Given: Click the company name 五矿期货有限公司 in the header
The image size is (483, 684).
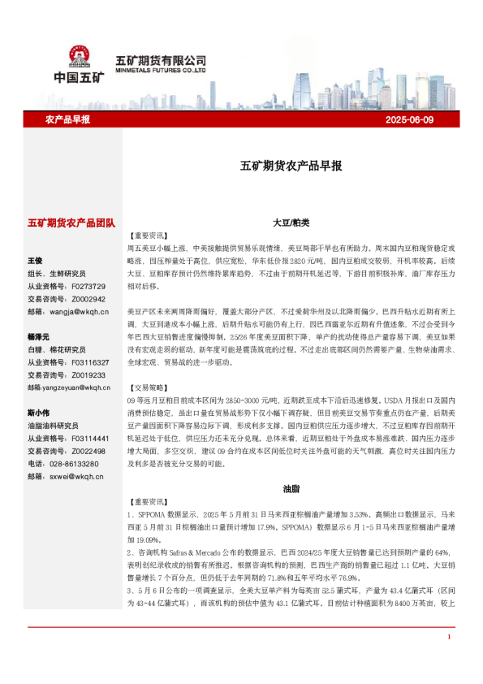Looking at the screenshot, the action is point(161,60).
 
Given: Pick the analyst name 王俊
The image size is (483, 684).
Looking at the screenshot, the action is point(36,261).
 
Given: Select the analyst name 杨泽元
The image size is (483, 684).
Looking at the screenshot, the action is point(39,336).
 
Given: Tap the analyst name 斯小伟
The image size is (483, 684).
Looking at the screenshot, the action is point(39,412).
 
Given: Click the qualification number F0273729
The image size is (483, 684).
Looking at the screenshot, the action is point(88,286).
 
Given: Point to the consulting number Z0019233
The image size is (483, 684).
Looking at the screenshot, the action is point(88,374).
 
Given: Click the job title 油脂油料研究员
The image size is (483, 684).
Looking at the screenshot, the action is point(54,425).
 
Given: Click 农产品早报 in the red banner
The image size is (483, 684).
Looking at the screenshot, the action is point(67,119).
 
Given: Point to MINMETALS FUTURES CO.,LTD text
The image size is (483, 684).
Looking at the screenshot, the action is point(161,71).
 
